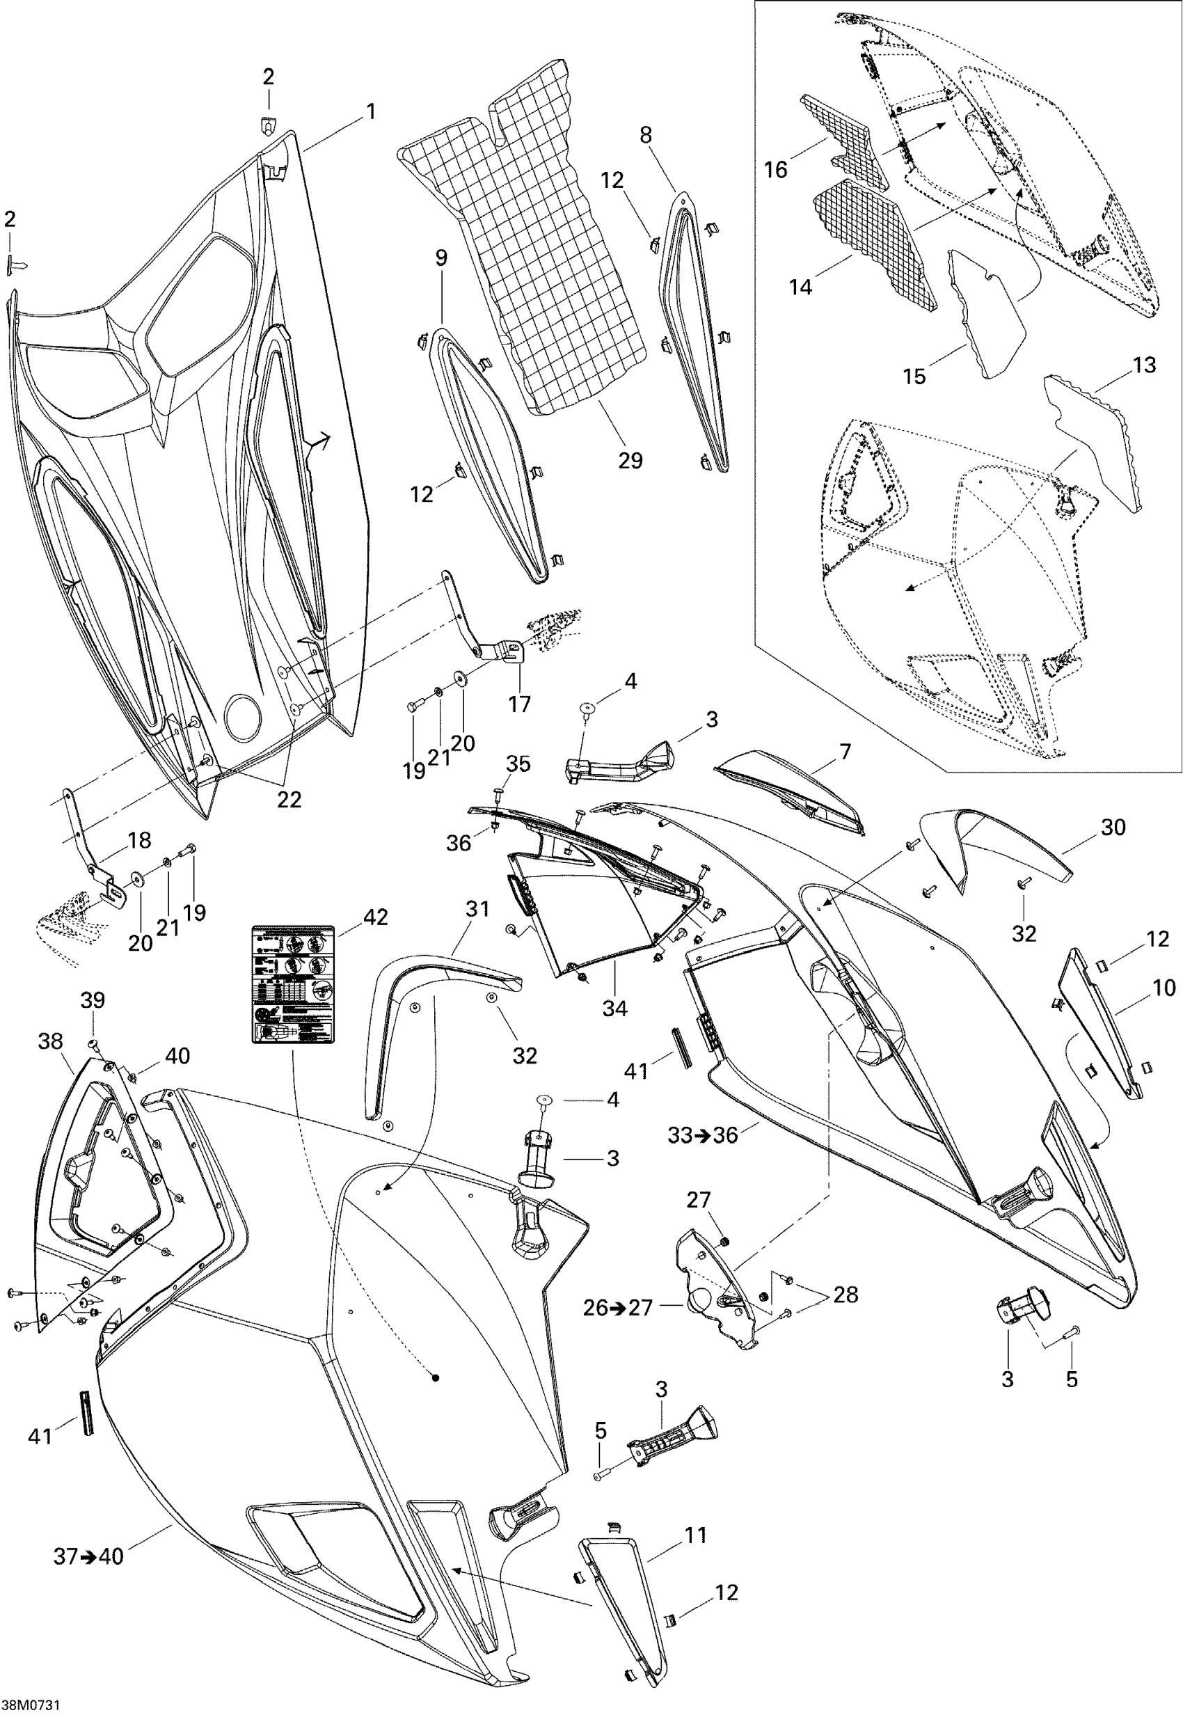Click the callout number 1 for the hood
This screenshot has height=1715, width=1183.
coord(371,112)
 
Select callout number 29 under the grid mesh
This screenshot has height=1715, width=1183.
coord(630,461)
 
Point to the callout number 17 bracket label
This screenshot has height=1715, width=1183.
coord(520,704)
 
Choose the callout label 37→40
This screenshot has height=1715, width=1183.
coord(88,1556)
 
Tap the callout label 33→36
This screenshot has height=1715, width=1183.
coord(702,1135)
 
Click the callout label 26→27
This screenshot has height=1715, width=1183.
coord(617,1308)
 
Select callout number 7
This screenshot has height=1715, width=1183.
coord(845,752)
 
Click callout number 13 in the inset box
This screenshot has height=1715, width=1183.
coord(1145,365)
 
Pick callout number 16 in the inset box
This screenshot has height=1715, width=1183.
coord(775,170)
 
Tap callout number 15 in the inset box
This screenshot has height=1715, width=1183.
coord(914,376)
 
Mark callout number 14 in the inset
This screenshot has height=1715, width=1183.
coord(800,286)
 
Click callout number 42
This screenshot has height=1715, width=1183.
coord(376,917)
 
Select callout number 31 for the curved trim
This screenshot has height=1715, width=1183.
coord(478,908)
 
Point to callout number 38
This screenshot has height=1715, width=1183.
coord(50,1041)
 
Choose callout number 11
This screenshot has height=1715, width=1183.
coord(695,1535)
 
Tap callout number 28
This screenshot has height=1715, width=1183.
coord(845,1295)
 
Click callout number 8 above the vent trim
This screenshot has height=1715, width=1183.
coord(646,135)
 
